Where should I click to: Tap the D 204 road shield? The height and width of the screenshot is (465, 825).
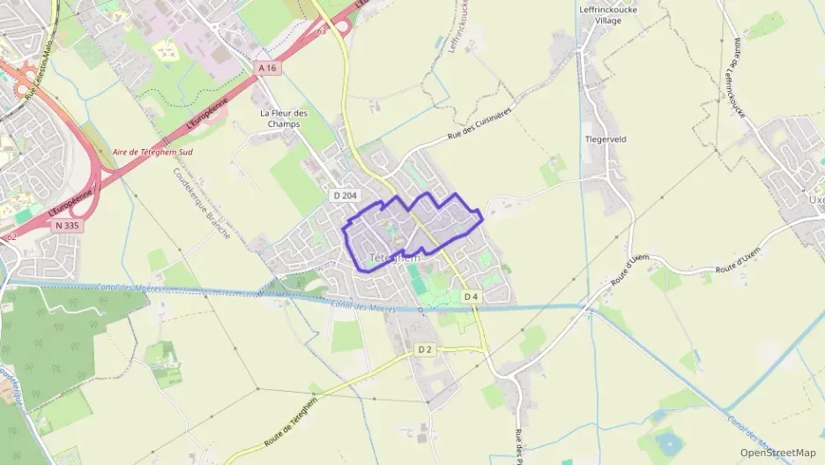(345, 194)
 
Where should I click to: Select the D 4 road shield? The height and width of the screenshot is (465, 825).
(472, 296)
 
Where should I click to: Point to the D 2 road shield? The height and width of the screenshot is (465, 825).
(425, 350)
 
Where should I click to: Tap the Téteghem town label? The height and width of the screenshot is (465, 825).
(394, 259)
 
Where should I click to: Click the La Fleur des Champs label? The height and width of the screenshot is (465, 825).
(285, 118)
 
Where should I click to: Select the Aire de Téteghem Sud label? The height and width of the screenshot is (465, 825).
(152, 152)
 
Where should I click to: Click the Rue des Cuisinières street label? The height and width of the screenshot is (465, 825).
(479, 129)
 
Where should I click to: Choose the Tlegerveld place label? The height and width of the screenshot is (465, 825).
(605, 139)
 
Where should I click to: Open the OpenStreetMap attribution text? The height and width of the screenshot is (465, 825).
(778, 453)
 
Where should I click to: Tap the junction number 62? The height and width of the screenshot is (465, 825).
(11, 236)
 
